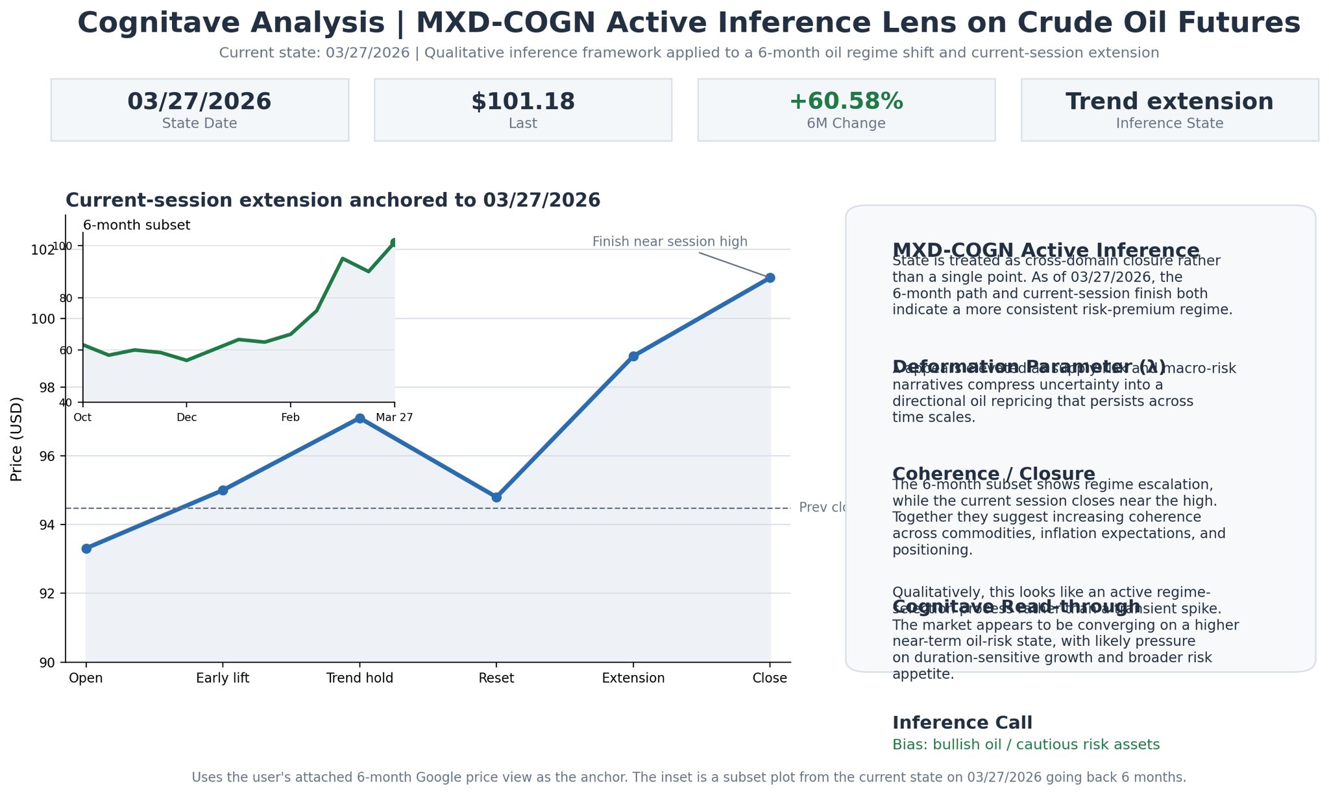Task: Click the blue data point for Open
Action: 86,549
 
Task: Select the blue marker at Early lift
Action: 223,490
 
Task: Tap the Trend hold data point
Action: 360,419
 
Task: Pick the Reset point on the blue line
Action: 496,497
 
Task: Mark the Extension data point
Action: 633,356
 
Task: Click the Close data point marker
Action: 770,278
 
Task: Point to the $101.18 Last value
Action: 523,102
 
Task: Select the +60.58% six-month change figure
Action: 846,102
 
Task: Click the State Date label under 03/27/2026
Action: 199,123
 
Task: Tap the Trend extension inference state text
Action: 1169,102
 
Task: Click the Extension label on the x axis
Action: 633,678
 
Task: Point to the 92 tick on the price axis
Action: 47,593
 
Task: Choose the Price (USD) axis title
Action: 17,439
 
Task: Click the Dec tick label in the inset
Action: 187,418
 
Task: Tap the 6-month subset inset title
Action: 137,226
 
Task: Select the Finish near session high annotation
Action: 670,242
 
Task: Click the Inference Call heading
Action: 962,723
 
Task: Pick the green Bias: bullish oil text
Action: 1025,744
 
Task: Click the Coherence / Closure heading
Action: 993,474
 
